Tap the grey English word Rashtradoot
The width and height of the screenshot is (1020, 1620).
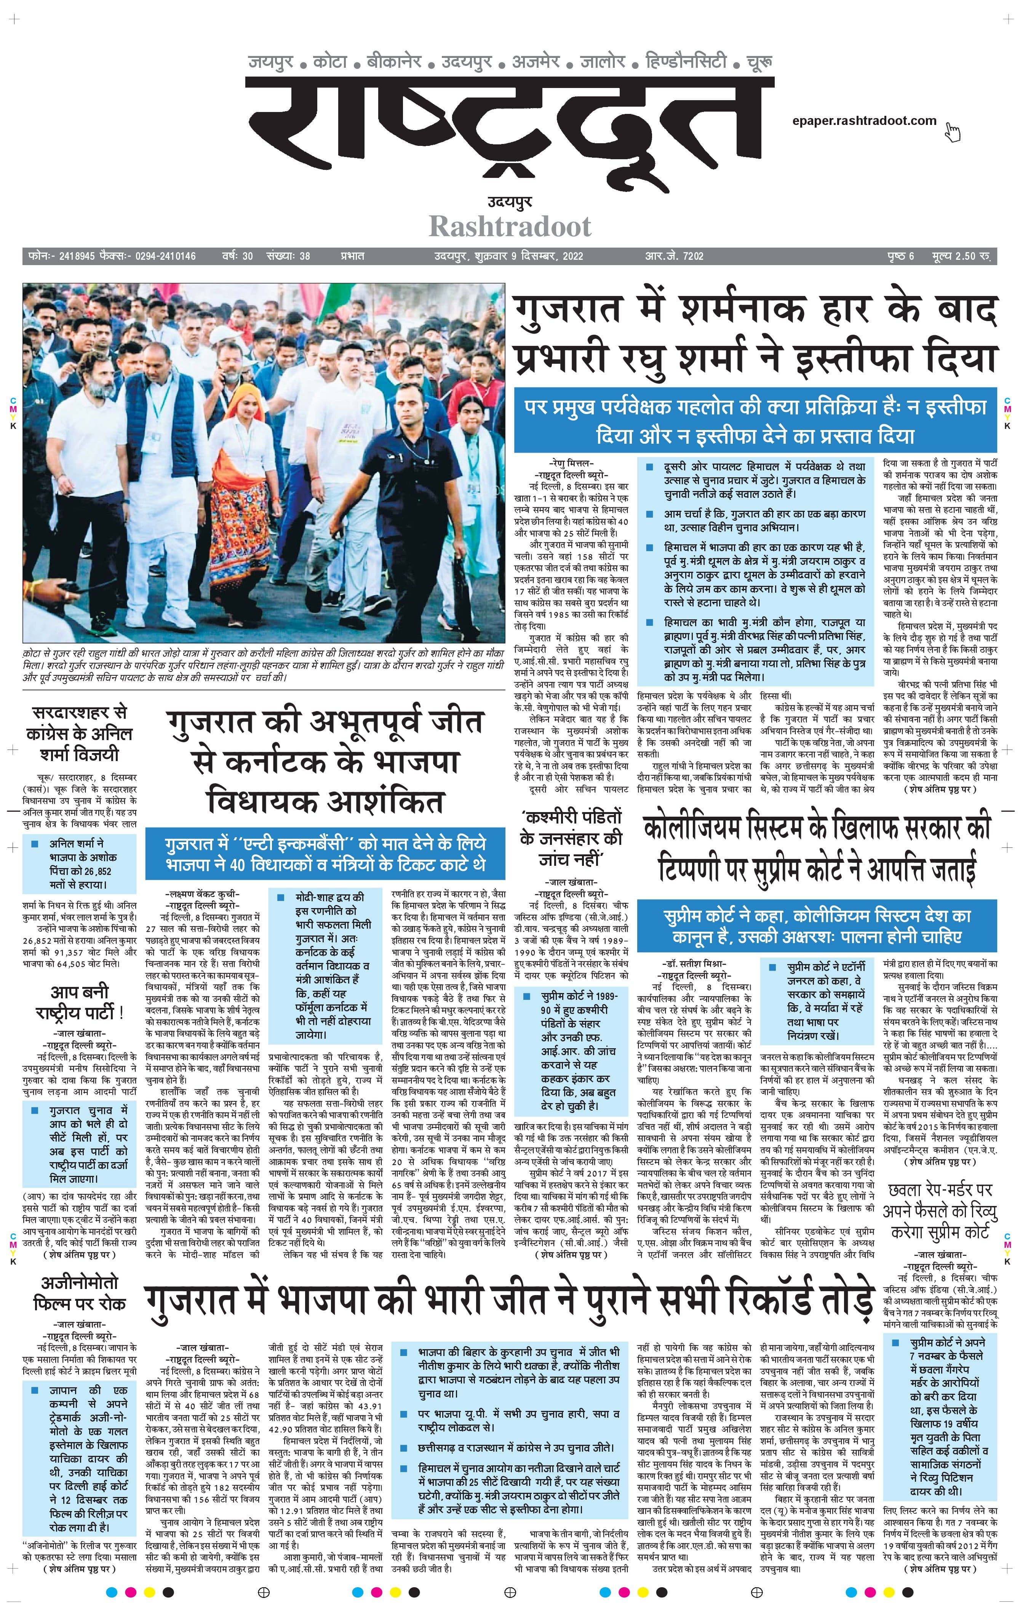coord(510,227)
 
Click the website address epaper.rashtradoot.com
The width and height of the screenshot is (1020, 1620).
coord(864,121)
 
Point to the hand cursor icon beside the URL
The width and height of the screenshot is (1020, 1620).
coord(952,132)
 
